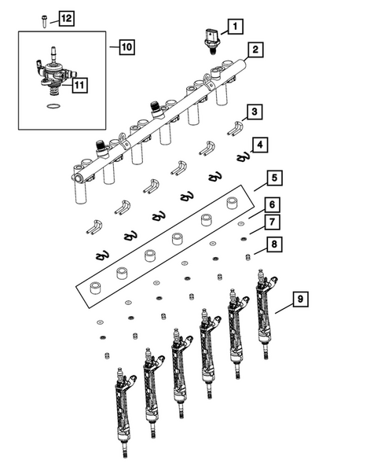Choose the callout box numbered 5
pos(271,178)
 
